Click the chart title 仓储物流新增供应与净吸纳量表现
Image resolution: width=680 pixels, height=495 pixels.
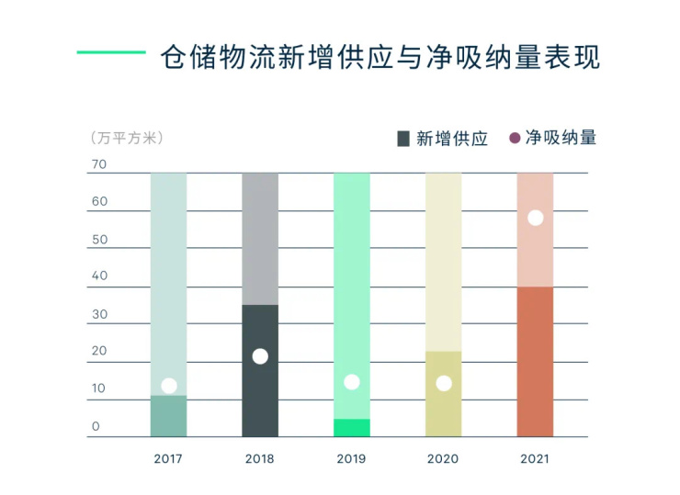[x=380, y=57]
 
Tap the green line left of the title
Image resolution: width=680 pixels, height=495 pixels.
[x=110, y=52]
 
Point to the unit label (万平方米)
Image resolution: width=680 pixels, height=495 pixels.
[x=127, y=139]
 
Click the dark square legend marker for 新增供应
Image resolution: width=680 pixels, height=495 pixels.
[x=402, y=139]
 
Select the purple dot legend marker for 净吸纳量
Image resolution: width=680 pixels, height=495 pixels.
[x=515, y=139]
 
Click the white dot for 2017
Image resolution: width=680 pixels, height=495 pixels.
[x=168, y=386]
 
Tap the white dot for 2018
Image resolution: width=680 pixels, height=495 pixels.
[x=260, y=356]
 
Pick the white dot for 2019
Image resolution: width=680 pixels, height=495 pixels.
[x=351, y=382]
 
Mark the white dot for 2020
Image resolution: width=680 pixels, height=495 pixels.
[x=444, y=383]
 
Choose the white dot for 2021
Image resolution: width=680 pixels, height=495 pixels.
[x=536, y=218]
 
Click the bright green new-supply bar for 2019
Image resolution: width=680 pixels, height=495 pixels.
[x=352, y=428]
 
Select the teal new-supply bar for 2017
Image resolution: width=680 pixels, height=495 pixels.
[x=168, y=417]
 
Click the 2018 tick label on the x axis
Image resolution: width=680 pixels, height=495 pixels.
[x=260, y=458]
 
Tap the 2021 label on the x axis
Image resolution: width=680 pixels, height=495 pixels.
[x=534, y=458]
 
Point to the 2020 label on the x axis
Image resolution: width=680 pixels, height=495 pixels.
[x=443, y=458]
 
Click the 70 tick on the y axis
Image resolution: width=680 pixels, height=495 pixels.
[x=99, y=165]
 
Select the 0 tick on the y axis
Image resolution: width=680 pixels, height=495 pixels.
[x=96, y=426]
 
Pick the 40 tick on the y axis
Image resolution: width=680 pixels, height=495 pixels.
[x=99, y=276]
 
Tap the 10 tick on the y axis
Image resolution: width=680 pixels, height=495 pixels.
[x=99, y=388]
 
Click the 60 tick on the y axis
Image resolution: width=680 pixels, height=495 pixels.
[x=99, y=202]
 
